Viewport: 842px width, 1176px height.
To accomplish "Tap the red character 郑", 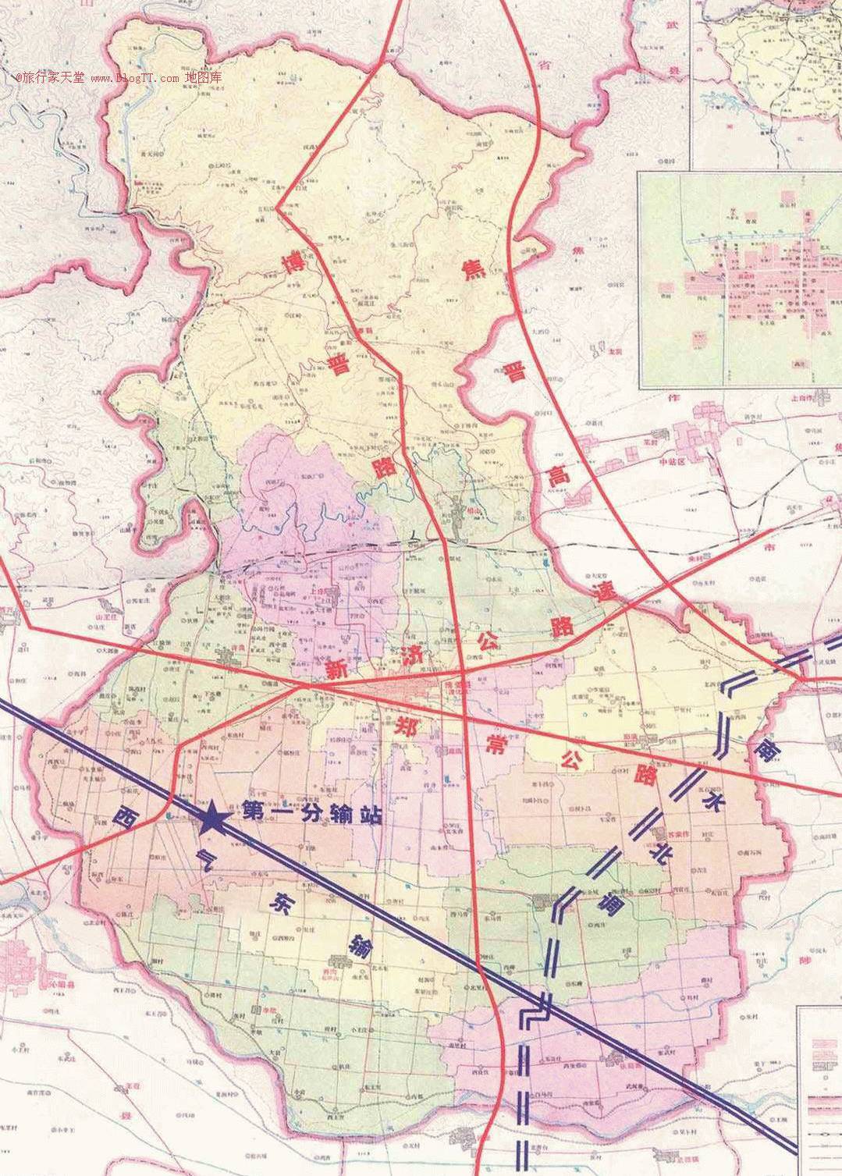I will (410, 724).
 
